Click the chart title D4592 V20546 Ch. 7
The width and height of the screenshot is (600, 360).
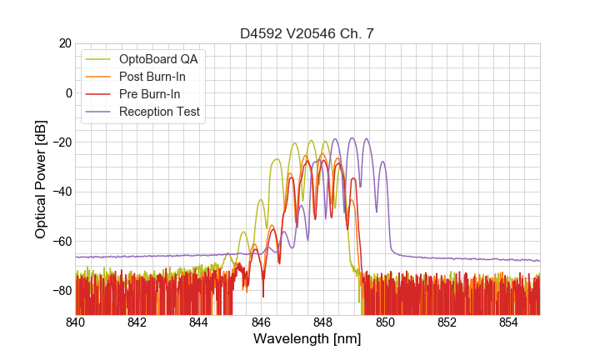pyautogui.click(x=307, y=34)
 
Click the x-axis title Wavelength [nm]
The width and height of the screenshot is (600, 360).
pyautogui.click(x=307, y=340)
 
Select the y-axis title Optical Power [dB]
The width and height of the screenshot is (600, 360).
pyautogui.click(x=41, y=179)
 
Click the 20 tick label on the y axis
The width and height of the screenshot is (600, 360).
pyautogui.click(x=63, y=43)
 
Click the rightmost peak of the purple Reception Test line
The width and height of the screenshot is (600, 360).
pyautogui.click(x=382, y=162)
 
